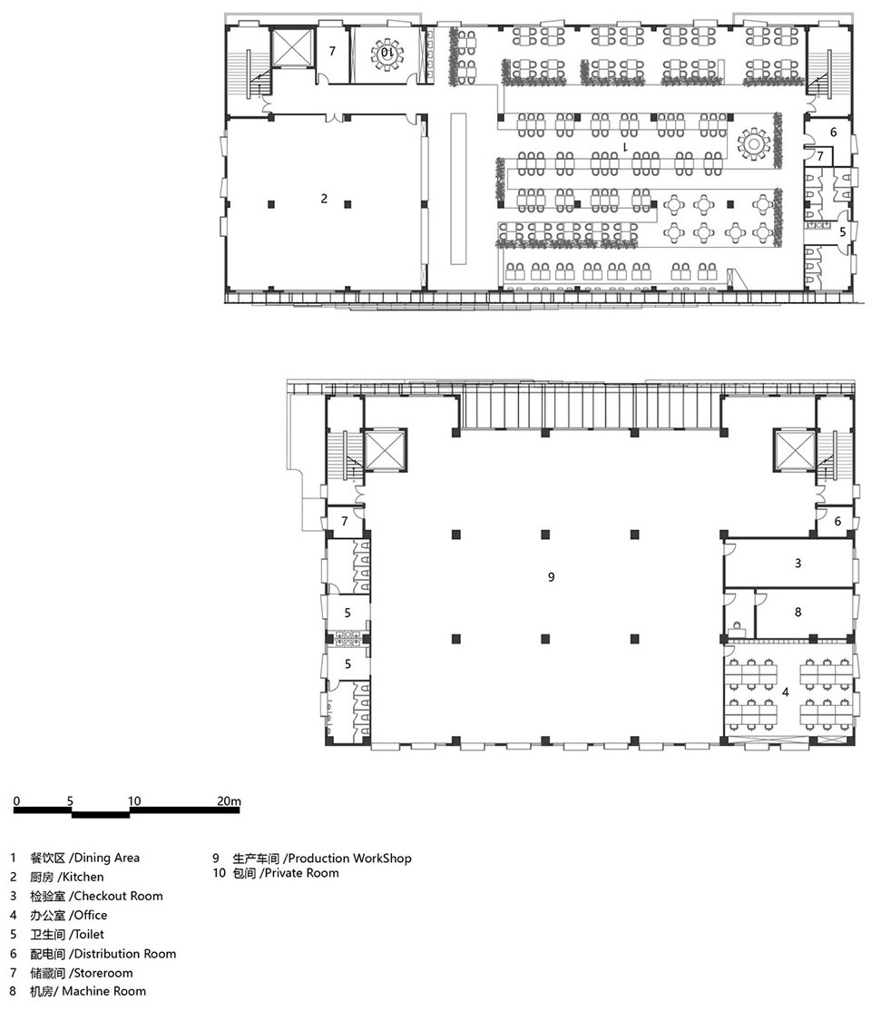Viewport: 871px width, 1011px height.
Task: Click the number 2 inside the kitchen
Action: click(x=324, y=199)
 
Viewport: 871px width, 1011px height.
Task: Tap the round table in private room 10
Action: click(x=387, y=53)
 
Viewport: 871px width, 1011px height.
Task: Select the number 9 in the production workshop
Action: click(x=552, y=577)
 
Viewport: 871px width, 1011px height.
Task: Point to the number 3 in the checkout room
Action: click(x=798, y=563)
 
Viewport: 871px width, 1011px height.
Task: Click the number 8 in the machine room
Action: click(x=798, y=612)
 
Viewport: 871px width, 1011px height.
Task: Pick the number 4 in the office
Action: click(x=785, y=692)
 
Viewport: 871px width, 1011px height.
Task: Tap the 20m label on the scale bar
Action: click(x=229, y=800)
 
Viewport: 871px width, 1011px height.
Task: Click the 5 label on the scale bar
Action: click(x=70, y=800)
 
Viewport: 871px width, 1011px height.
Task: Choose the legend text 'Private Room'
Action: click(x=302, y=873)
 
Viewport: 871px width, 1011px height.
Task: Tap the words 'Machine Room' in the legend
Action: click(x=103, y=991)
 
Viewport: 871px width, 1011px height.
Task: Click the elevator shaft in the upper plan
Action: click(x=293, y=47)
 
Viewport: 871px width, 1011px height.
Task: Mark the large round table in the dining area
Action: click(x=753, y=143)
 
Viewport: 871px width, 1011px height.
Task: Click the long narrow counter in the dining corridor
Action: click(x=458, y=188)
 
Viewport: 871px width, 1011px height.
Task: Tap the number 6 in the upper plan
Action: click(x=833, y=133)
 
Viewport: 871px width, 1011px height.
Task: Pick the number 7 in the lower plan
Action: click(x=344, y=521)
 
